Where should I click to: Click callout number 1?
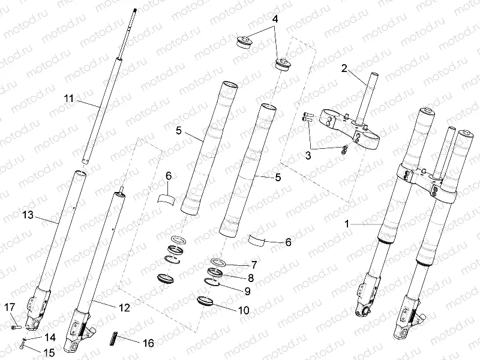pos(346,223)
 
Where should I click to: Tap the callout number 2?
pos(344,68)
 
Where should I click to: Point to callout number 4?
pos(275,19)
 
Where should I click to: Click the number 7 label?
pos(254,265)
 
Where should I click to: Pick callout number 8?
pos(251,278)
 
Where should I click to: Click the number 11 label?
pos(69,98)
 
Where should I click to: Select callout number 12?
pos(124,308)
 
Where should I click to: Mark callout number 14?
pos(49,338)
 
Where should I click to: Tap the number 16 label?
pos(147,343)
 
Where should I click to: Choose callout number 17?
pos(10,308)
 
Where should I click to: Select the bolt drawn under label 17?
pos(16,327)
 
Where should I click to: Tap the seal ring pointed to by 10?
pos(206,301)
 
